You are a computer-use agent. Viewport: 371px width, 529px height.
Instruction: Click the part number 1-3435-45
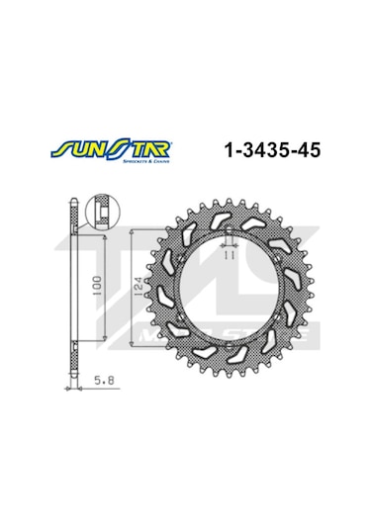coord(267,151)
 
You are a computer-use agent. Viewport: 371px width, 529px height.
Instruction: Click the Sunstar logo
coord(101,151)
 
